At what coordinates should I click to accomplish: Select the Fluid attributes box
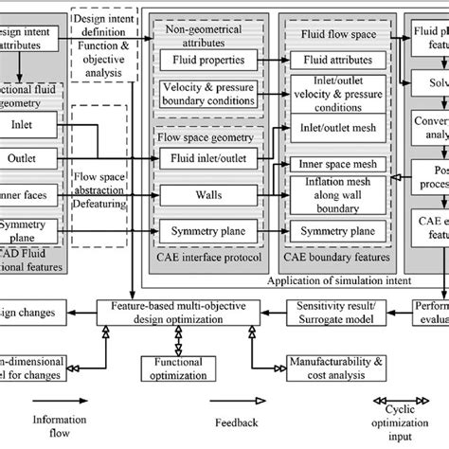(x=337, y=60)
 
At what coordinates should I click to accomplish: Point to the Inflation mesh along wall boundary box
(x=337, y=194)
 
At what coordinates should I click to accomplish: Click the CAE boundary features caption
(x=337, y=252)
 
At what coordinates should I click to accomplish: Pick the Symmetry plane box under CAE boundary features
(x=337, y=230)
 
